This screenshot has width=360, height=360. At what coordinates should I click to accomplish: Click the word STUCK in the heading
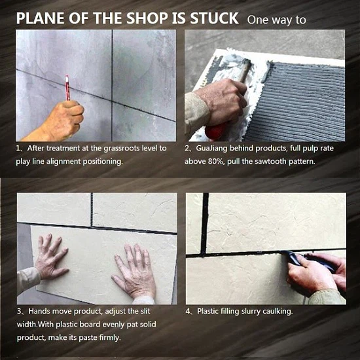(x=214, y=18)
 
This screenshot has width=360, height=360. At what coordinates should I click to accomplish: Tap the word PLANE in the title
(x=40, y=18)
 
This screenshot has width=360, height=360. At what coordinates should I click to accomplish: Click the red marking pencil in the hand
(x=67, y=88)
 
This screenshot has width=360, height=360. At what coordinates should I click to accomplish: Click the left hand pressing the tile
(x=52, y=257)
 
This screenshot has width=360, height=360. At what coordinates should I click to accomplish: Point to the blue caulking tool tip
(x=283, y=253)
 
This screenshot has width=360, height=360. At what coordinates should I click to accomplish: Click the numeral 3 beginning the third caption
(x=19, y=312)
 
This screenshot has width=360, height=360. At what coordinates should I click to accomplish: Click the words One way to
(x=276, y=20)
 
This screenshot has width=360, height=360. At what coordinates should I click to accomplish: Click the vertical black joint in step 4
(x=204, y=223)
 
